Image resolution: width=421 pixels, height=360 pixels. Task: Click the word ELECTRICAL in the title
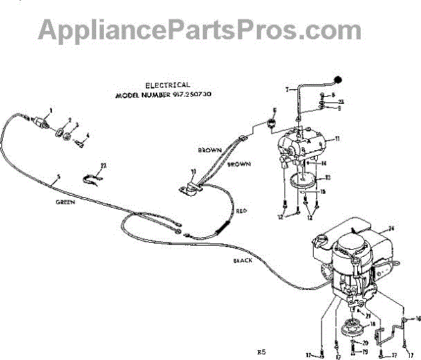tap(167, 85)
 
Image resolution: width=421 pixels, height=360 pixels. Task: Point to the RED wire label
tap(241, 210)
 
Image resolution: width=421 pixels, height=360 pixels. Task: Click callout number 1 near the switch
tap(51, 110)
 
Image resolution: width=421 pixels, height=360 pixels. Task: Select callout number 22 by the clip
tap(103, 166)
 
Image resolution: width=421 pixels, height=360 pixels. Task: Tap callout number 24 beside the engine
tap(392, 229)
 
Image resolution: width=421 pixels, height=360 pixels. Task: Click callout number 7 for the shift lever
tap(287, 90)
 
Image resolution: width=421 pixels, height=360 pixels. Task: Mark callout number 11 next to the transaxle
tap(337, 140)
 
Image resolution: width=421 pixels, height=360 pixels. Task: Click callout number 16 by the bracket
tap(418, 318)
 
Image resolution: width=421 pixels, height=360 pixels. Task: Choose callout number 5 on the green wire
tap(58, 184)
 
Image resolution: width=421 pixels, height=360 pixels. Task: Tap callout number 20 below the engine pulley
tap(365, 342)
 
